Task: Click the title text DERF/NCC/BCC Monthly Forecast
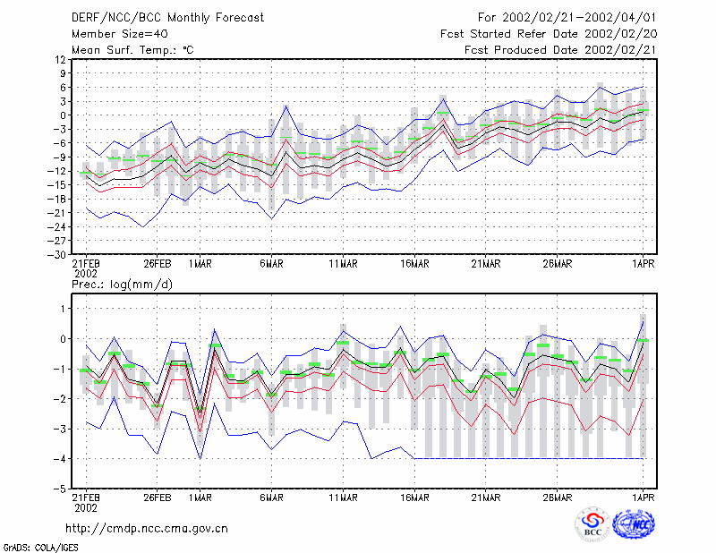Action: point(167,18)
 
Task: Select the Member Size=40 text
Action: point(120,34)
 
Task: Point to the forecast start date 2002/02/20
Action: point(620,34)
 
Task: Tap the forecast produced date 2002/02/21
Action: point(620,50)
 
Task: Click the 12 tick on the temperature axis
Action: point(60,59)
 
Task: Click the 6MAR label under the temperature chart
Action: point(272,264)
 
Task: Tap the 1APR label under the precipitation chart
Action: point(644,498)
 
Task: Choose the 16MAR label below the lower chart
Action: point(414,498)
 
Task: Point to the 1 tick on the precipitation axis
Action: point(63,309)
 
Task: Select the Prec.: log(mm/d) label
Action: point(122,285)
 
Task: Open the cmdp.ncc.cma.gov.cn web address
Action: point(147,529)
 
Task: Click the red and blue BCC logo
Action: point(592,524)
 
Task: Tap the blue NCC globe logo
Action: point(634,524)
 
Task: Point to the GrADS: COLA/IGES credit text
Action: point(40,548)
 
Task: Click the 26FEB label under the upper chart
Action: point(158,264)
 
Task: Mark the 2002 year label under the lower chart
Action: point(86,507)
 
